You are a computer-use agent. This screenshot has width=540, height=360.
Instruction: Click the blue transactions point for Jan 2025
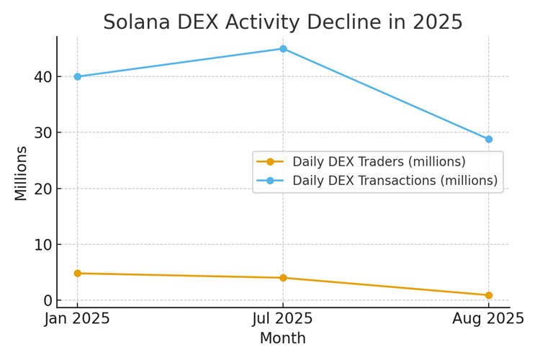pyautogui.click(x=78, y=76)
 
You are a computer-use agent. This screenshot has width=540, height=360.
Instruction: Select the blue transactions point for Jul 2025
pyautogui.click(x=283, y=49)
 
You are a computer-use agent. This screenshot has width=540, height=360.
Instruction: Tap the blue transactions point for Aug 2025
pyautogui.click(x=489, y=139)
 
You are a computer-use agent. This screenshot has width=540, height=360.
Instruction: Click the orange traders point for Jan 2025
pyautogui.click(x=78, y=274)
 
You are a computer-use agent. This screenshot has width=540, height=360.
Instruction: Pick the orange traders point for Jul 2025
pyautogui.click(x=283, y=278)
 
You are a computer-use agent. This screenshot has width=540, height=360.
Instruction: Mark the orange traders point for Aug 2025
pyautogui.click(x=489, y=295)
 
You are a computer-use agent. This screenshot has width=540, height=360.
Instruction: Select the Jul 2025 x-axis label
pyautogui.click(x=283, y=319)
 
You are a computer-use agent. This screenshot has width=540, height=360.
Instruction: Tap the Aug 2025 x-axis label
pyautogui.click(x=489, y=319)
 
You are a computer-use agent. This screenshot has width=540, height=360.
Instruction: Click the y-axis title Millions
pyautogui.click(x=21, y=173)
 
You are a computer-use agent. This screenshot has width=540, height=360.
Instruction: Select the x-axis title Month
pyautogui.click(x=283, y=338)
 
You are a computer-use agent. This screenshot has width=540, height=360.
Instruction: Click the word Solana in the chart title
pyautogui.click(x=135, y=22)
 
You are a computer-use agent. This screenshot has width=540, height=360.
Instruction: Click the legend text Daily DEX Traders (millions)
pyautogui.click(x=379, y=162)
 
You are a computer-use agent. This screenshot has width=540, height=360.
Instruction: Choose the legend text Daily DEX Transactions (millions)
pyautogui.click(x=395, y=181)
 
